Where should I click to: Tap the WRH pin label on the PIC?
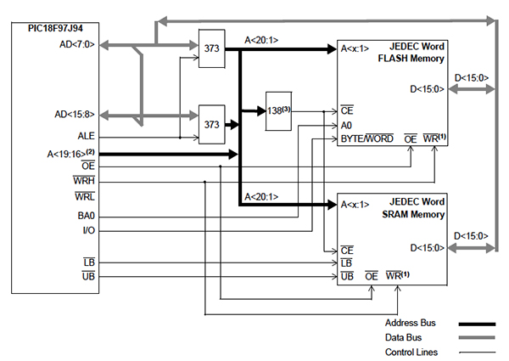(85, 180)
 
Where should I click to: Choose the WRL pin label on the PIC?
(85, 197)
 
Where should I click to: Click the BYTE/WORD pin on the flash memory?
(366, 138)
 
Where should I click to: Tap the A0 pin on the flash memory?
(346, 124)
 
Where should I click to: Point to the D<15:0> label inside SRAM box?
(427, 247)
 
